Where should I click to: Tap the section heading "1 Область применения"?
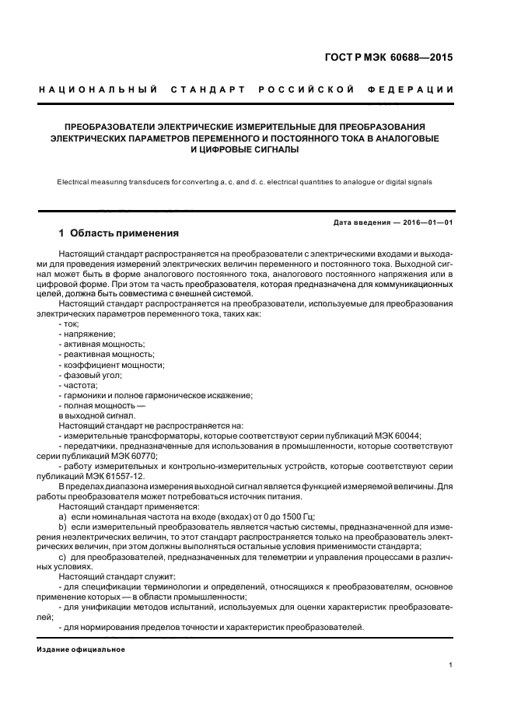coord(119,233)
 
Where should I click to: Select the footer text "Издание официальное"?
coord(81,649)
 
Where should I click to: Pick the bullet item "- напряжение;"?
coord(85,333)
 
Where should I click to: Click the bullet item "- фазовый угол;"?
coord(90,375)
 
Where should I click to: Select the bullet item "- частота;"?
coord(78,385)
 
